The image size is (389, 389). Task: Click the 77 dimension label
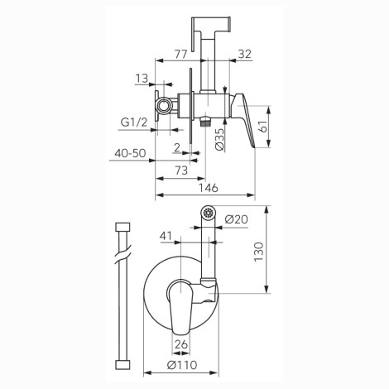(x=181, y=54)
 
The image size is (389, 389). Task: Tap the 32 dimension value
(x=245, y=54)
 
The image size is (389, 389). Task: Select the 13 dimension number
(x=142, y=79)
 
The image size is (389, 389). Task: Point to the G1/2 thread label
(x=134, y=122)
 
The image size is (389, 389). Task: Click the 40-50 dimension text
(x=130, y=153)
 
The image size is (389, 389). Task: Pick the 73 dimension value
(x=181, y=170)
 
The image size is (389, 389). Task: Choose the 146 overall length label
(x=209, y=188)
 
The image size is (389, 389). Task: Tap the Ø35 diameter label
(x=220, y=140)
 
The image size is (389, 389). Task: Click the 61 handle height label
(x=265, y=126)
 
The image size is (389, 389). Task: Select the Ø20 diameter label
(x=236, y=219)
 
